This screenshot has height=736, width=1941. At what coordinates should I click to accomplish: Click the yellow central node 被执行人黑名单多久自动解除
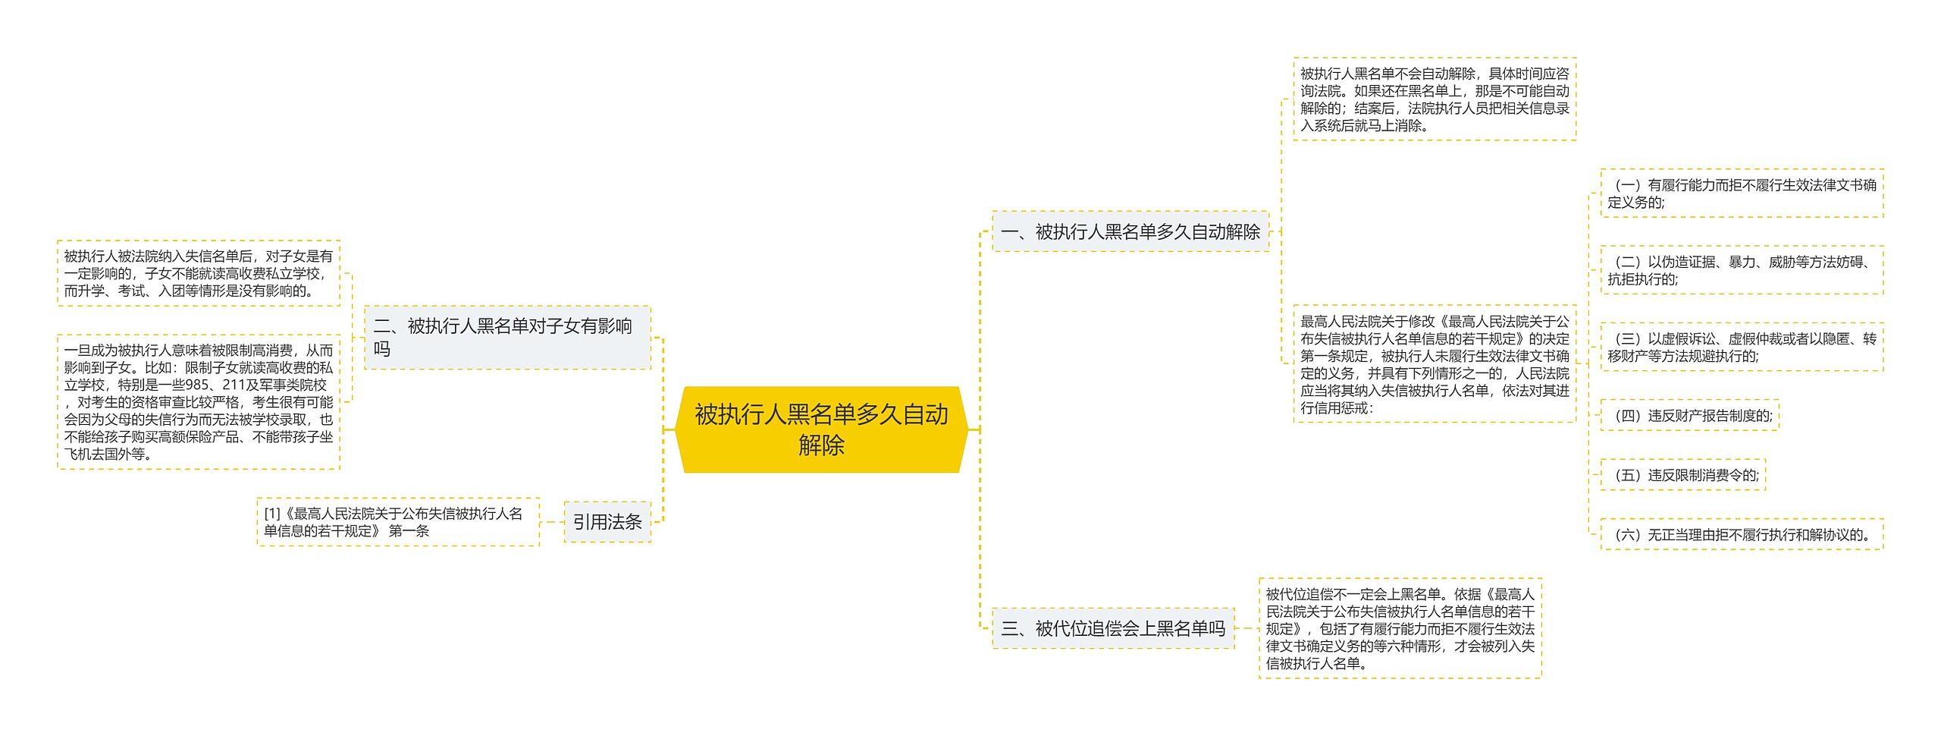click(821, 429)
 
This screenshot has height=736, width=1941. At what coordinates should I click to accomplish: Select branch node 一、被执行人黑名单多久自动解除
click(1130, 231)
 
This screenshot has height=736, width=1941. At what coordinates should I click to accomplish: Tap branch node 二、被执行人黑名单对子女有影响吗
click(506, 338)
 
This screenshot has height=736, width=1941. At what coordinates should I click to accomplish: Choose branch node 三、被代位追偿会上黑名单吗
click(1112, 628)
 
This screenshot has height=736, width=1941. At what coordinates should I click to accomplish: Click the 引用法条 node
click(607, 522)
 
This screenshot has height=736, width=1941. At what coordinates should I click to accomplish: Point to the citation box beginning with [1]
click(398, 522)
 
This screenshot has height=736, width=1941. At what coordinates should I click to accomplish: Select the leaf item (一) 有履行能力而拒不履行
click(1742, 193)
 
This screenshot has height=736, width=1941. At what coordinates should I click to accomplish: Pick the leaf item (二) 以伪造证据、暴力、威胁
click(1742, 270)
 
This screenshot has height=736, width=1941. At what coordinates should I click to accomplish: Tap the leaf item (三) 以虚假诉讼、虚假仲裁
click(1742, 348)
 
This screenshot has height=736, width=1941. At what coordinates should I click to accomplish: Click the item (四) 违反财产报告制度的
click(1689, 416)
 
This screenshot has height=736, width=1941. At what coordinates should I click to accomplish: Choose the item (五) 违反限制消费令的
click(1682, 475)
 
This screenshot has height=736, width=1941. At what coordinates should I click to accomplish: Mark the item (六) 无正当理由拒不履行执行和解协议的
click(1742, 535)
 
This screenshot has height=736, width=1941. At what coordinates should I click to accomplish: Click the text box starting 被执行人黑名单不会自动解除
click(1434, 99)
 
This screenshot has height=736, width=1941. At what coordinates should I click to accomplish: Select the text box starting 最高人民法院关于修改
click(1434, 364)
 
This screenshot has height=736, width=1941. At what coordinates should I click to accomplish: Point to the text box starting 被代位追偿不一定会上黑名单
click(1400, 628)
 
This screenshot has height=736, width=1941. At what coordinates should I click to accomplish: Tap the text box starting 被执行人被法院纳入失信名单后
click(198, 273)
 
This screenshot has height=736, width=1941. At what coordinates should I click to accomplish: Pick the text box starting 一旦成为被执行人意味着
click(198, 402)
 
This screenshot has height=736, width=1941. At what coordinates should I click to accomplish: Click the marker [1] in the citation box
click(272, 514)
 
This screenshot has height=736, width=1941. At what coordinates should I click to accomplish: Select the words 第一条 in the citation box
click(409, 531)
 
